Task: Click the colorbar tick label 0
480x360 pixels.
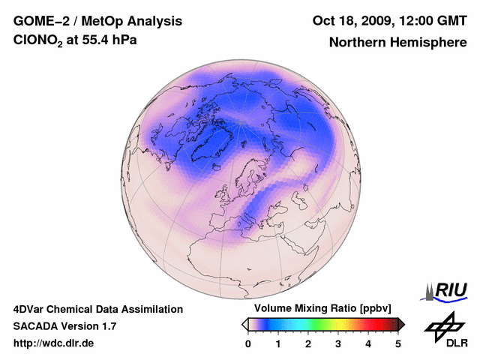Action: (248, 343)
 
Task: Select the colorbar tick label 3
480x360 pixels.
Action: (338, 343)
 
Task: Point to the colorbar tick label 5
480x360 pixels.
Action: (398, 343)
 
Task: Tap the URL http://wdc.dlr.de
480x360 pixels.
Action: (54, 343)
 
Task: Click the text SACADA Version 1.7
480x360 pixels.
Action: (64, 326)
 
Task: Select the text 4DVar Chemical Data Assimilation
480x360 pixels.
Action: (97, 309)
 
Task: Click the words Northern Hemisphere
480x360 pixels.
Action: (397, 43)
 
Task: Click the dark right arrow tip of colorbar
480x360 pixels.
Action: (402, 324)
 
